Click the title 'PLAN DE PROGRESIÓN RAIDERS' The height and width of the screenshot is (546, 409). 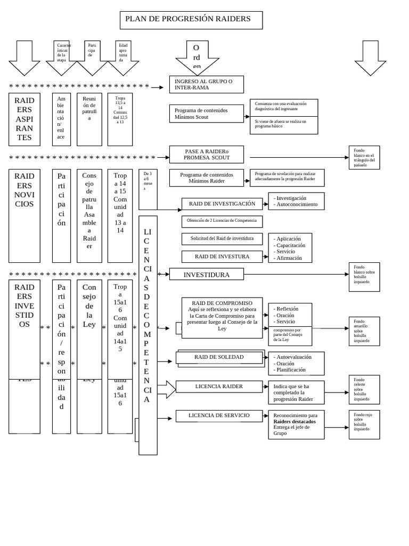[191, 20]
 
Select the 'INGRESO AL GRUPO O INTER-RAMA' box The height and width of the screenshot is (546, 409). [206, 84]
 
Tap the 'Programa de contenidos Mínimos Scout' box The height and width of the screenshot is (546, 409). [206, 114]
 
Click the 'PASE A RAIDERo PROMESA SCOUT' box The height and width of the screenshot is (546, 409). [206, 155]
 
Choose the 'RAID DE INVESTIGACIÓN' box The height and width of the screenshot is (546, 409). [222, 204]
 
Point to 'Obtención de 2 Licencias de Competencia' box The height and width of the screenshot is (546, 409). [222, 221]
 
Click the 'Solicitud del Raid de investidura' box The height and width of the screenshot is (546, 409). [222, 238]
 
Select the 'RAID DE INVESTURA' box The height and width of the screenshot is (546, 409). [222, 256]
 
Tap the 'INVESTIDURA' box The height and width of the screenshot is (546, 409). [206, 275]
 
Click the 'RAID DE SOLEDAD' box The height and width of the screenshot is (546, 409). [219, 357]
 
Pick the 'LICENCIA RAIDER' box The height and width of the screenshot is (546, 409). [219, 387]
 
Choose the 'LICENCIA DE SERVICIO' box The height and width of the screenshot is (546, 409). [219, 416]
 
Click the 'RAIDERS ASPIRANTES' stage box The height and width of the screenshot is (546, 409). [24, 119]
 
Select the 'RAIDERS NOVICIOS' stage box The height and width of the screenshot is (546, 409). [24, 215]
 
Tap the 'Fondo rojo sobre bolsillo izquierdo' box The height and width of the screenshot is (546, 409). [364, 424]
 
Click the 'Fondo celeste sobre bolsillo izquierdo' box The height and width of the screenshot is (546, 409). [364, 389]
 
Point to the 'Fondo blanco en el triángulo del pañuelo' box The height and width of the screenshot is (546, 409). [364, 158]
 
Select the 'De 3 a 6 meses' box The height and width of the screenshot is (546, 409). [148, 189]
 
